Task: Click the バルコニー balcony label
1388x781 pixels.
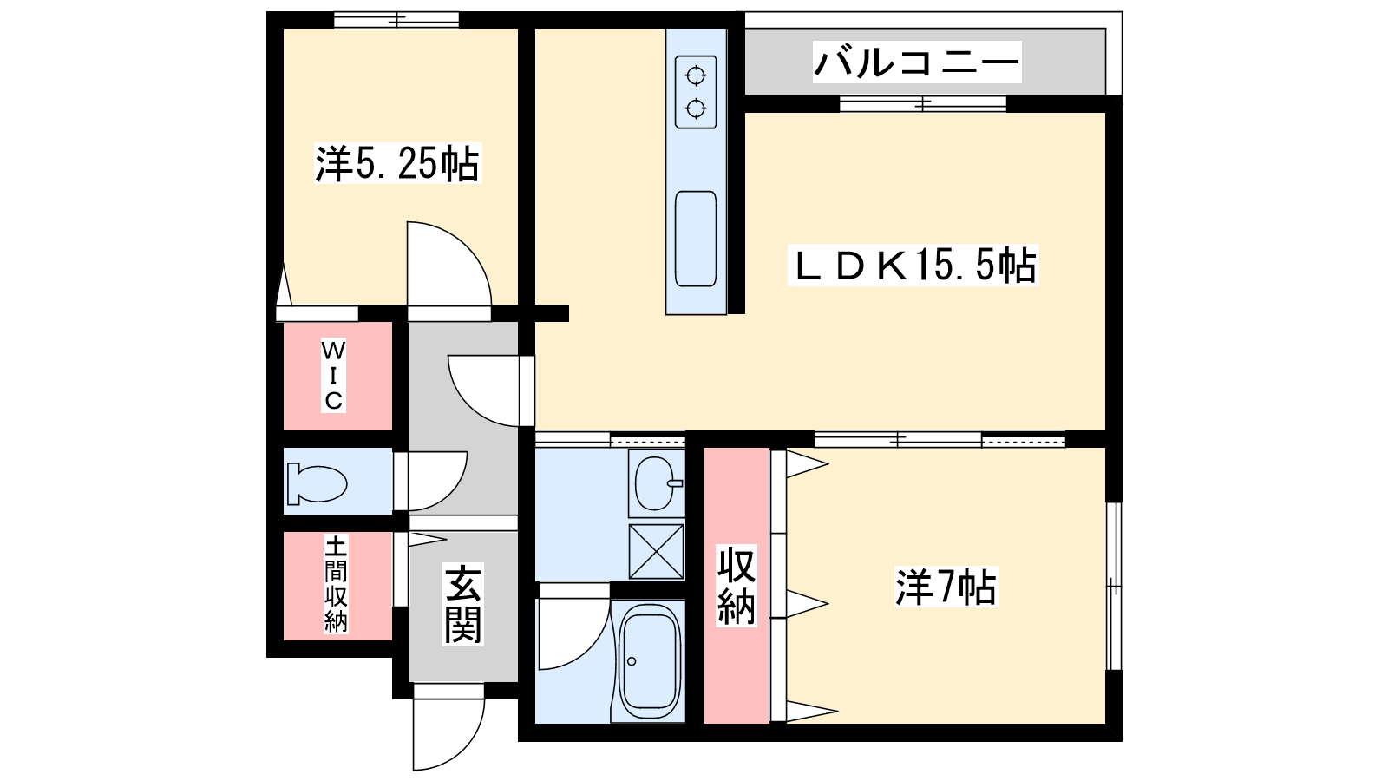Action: [916, 62]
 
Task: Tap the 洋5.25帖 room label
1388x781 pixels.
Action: [397, 164]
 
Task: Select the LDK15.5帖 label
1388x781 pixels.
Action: [913, 266]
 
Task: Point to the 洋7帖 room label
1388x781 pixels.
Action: [946, 587]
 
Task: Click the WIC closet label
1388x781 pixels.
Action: [333, 377]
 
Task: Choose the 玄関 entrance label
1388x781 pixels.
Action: [463, 604]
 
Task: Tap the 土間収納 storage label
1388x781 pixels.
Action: [336, 584]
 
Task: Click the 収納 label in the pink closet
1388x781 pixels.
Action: [737, 585]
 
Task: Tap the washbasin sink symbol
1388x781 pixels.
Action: [657, 482]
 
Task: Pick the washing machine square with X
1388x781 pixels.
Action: [656, 552]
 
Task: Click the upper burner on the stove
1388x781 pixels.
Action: [696, 77]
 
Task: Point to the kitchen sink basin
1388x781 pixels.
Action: [696, 239]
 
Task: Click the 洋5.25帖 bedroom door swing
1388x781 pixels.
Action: [448, 264]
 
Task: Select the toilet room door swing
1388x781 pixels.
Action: [437, 481]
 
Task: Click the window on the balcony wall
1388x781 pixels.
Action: [923, 103]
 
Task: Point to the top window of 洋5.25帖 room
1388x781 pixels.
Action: [396, 20]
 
